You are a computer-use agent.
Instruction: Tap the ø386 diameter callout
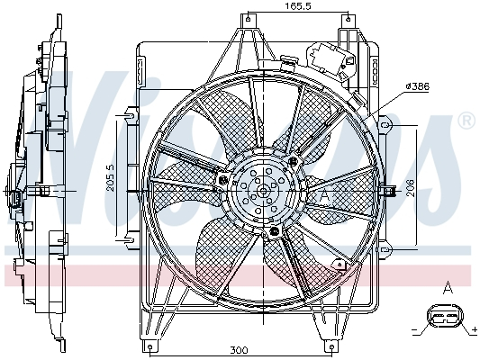click(417, 86)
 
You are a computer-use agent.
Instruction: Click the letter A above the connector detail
click(448, 288)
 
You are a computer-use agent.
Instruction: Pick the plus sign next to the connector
click(473, 329)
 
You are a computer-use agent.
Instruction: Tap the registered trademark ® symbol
click(466, 120)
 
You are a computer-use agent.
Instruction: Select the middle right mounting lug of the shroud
click(389, 189)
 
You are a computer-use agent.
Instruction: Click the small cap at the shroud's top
click(288, 63)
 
